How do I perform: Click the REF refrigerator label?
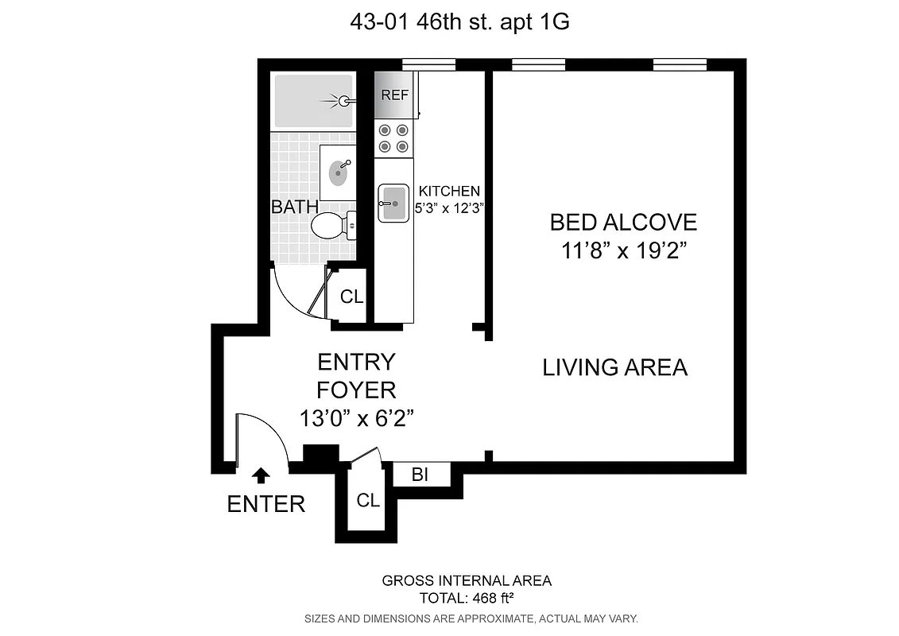point(395,95)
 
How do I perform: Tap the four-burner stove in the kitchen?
point(393,138)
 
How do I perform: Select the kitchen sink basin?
point(393,203)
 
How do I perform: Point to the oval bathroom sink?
point(339,171)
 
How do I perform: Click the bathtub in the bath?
point(312,101)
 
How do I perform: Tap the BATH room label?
point(295,207)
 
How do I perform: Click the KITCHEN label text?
point(449,191)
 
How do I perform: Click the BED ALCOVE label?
point(623,222)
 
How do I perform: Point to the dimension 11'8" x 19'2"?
point(623,251)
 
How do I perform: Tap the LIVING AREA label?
point(614,367)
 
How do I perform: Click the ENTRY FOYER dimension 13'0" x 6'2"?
point(356,418)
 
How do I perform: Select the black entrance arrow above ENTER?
point(260,475)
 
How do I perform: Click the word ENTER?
point(266,504)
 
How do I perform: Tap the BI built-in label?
point(420,475)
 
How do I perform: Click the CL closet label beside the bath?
point(351,297)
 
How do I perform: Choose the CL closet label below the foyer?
point(368,501)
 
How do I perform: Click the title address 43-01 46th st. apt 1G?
point(459,22)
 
